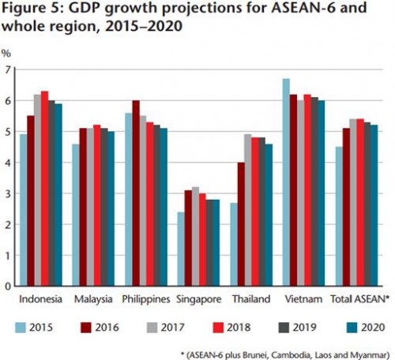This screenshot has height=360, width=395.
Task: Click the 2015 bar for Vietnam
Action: [286, 182]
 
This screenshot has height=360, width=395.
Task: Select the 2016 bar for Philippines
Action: [136, 193]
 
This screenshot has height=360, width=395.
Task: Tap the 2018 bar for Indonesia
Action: [44, 189]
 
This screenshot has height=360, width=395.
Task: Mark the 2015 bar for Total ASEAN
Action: [340, 216]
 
